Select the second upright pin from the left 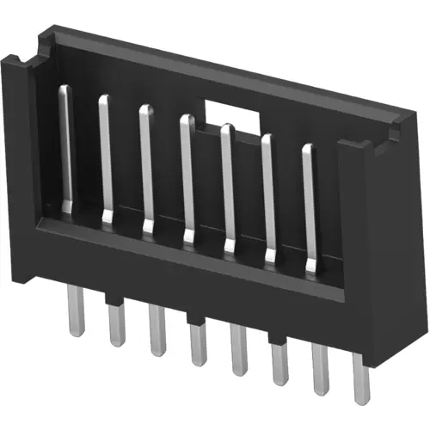coord(106,159)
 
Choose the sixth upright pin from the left coord(267,199)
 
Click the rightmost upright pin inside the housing coord(309,208)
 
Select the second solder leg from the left coord(114,325)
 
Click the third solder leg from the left coord(156,333)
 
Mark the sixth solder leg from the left coord(279,365)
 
